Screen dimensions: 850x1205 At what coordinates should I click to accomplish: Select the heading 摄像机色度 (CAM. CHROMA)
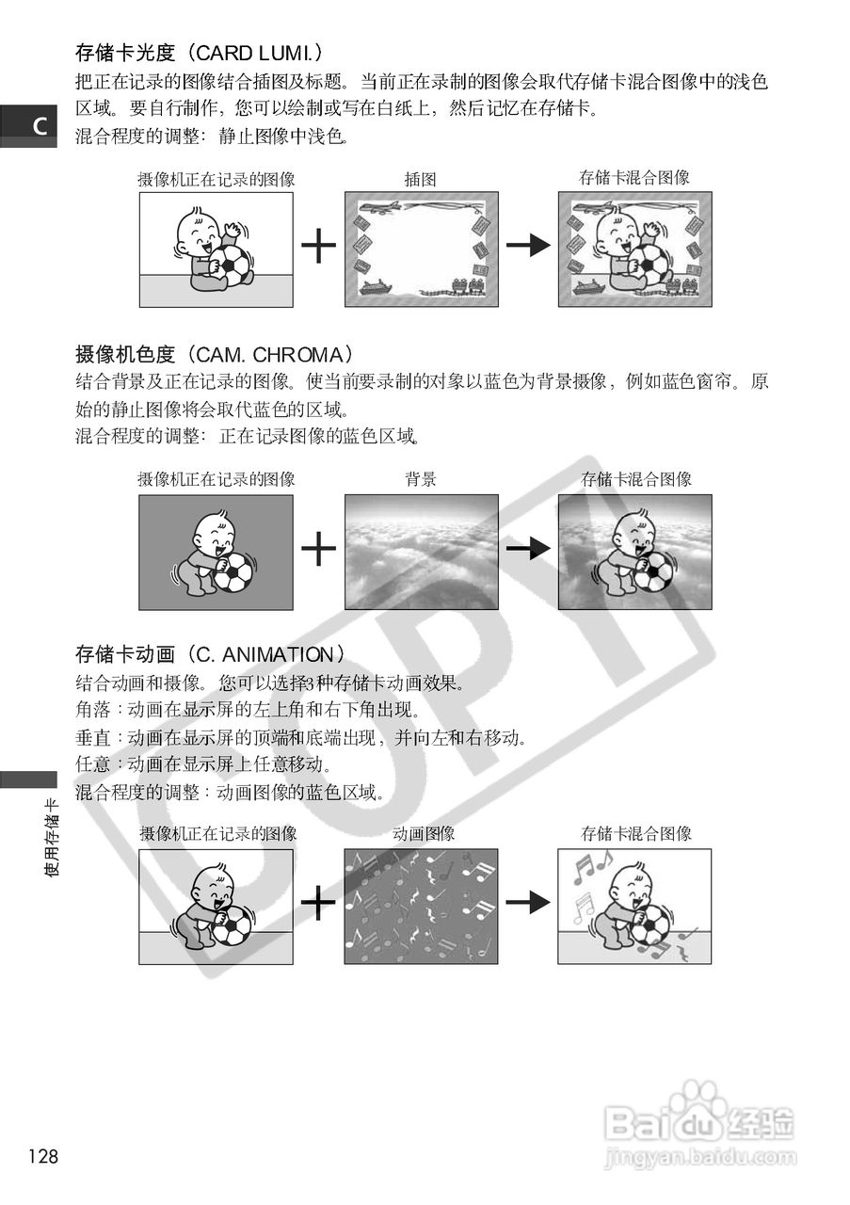click(x=214, y=355)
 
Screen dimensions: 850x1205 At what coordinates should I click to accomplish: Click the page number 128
click(x=43, y=1156)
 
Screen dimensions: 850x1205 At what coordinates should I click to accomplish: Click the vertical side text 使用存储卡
click(x=53, y=837)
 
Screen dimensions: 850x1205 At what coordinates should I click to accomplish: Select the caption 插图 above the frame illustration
click(x=420, y=178)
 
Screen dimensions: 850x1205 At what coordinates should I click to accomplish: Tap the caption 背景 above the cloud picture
click(x=420, y=479)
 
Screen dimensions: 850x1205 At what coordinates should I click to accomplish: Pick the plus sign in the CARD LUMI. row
click(x=319, y=247)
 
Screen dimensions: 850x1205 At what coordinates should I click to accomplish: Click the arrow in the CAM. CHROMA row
click(x=527, y=548)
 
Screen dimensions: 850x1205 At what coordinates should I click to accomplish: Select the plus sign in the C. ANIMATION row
click(x=319, y=903)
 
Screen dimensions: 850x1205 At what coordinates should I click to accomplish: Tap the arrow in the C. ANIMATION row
click(x=527, y=903)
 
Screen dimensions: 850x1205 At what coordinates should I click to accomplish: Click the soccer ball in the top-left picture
click(x=233, y=265)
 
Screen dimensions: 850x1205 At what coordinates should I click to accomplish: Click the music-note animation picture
click(x=421, y=906)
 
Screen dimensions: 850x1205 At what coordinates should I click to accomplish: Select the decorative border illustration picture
click(x=421, y=249)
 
